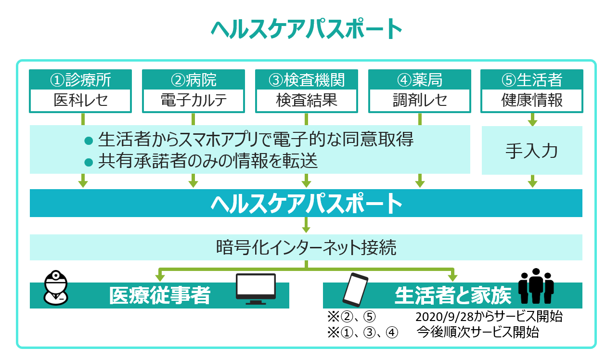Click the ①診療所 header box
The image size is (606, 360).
80,79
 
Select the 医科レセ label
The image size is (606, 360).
80,100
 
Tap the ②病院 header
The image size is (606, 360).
193,79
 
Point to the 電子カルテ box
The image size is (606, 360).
193,101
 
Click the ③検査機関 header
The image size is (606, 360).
307,79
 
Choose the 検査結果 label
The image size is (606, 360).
307,100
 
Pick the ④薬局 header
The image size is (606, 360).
420,79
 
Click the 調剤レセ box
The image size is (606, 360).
420,101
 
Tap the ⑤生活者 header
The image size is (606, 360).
532,79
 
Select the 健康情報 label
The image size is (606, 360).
532,100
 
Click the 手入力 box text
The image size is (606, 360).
532,151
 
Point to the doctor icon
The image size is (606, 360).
56,288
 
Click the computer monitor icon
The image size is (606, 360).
256,289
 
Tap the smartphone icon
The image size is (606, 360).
356,290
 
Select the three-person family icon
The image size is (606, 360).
536,286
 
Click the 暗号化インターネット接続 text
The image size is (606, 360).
306,247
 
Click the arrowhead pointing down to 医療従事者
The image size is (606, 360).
160,278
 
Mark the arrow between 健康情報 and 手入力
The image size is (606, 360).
532,119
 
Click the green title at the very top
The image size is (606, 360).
306,29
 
